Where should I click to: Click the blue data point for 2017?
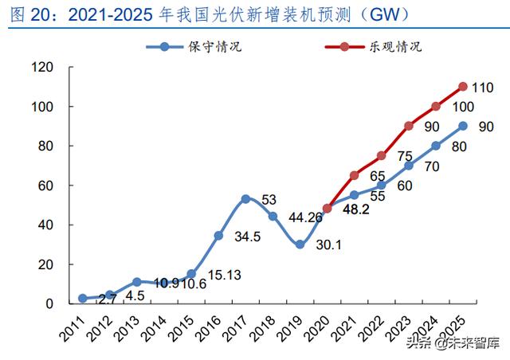tap(245, 199)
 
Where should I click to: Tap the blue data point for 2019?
tap(300, 245)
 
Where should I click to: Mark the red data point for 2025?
tap(462, 87)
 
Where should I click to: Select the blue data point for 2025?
tap(462, 126)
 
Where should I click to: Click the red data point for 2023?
tap(408, 126)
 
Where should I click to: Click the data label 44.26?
tap(304, 217)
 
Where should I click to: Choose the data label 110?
tap(483, 87)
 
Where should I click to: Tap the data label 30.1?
tap(326, 245)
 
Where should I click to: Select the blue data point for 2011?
tap(83, 298)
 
